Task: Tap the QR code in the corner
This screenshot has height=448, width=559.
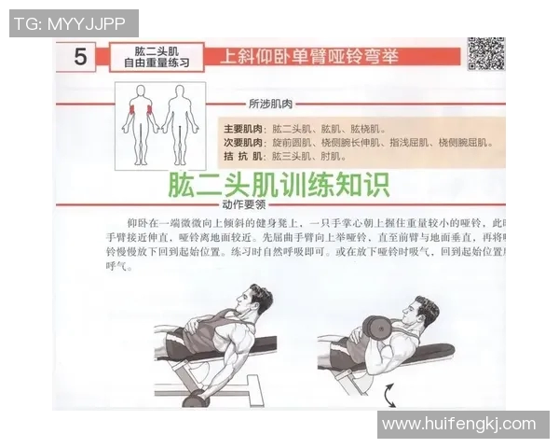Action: pos(485,55)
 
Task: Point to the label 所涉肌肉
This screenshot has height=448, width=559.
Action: pos(269,103)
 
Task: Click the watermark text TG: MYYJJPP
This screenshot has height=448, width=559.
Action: pos(73,23)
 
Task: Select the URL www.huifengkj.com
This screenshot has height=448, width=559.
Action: pos(459,424)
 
